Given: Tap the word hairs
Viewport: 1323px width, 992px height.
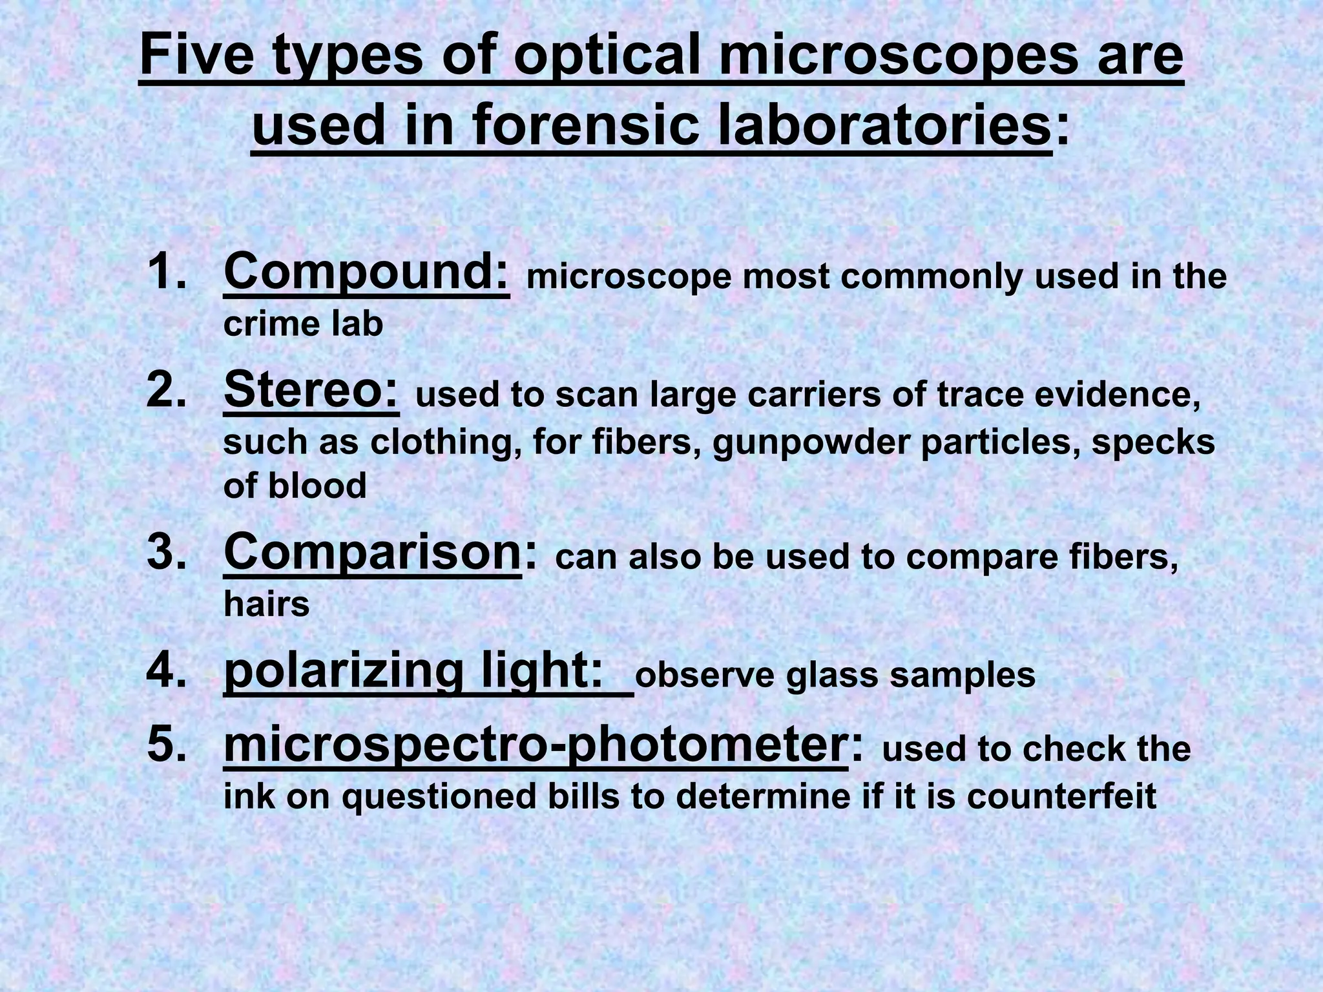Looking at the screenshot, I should (266, 604).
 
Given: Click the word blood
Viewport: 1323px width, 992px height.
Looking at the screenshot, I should (317, 486).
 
